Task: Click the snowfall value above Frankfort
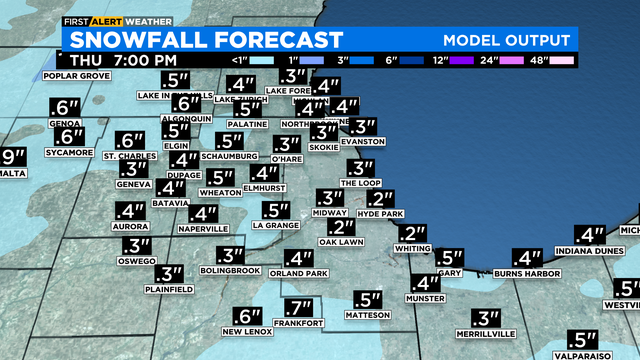click(298, 308)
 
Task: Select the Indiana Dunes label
click(590, 250)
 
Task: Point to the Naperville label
click(204, 229)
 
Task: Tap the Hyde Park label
click(380, 215)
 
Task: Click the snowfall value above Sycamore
click(69, 137)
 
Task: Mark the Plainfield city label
click(168, 289)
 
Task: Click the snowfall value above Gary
click(449, 257)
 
